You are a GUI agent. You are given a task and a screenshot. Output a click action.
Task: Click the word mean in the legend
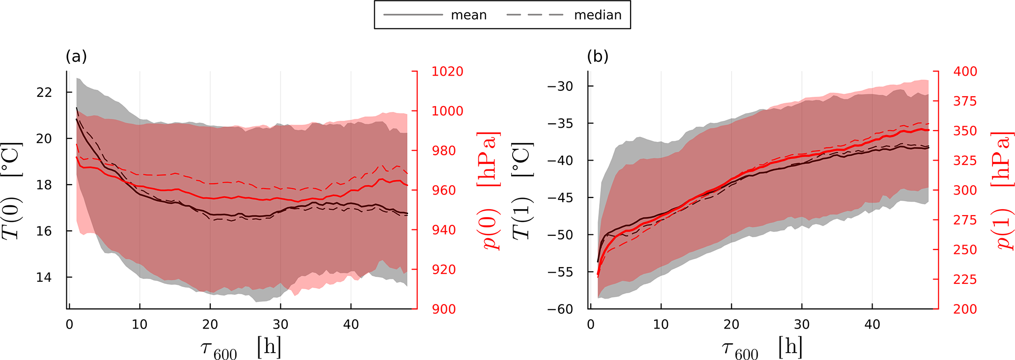[x=468, y=15]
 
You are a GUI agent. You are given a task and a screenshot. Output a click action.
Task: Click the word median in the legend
[x=598, y=15]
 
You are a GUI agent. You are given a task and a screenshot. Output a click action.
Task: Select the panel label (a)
[x=76, y=57]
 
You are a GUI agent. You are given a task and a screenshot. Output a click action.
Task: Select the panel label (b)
[x=598, y=57]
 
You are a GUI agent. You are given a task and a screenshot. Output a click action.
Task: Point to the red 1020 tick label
[x=447, y=72]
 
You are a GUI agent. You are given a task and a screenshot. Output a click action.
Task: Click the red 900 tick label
[x=443, y=309]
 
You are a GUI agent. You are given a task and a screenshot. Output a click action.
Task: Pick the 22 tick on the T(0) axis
[x=44, y=92]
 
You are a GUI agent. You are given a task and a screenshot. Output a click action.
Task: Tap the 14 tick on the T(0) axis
[x=44, y=277]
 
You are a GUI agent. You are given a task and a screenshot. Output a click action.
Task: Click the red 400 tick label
[x=965, y=72]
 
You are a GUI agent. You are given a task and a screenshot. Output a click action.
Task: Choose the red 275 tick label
[x=965, y=220]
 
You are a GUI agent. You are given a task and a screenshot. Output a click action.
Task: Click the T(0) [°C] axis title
[x=12, y=191]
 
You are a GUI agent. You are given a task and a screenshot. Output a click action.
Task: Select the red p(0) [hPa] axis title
[x=489, y=191]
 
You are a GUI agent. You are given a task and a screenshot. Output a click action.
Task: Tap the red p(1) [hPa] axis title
[x=1003, y=191]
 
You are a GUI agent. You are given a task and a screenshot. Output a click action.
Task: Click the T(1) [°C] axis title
[x=522, y=191]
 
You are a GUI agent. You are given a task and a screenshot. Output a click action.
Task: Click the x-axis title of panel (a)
[x=241, y=349]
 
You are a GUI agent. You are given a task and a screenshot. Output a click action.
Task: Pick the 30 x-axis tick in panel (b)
[x=802, y=325]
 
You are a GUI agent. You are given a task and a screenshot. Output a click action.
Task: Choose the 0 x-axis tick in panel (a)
[x=69, y=325]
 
